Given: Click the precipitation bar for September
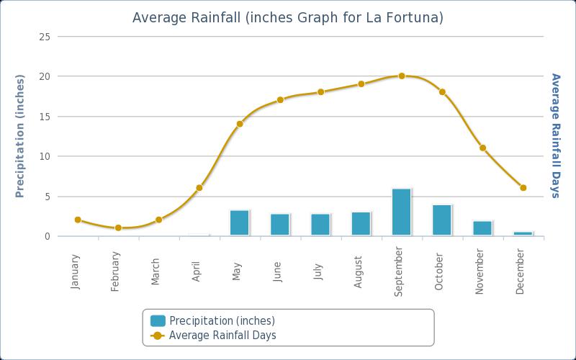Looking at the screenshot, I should [x=401, y=212].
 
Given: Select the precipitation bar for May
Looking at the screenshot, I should [x=239, y=222].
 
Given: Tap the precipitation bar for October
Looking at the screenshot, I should [x=442, y=220].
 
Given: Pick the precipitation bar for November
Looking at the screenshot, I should [x=482, y=228].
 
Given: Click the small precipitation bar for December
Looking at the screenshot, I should [x=523, y=233].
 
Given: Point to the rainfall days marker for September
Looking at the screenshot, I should [x=402, y=76].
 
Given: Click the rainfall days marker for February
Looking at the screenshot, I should [x=118, y=228].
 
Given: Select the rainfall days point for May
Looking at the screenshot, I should [x=240, y=124].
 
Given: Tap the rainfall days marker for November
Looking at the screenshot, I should [x=482, y=148].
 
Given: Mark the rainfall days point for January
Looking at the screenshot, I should [x=78, y=220].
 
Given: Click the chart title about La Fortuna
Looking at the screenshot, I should [x=288, y=17].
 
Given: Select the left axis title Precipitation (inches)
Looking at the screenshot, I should [x=20, y=136].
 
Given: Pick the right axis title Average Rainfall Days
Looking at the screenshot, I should [x=555, y=135].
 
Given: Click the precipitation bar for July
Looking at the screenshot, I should [x=320, y=224].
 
